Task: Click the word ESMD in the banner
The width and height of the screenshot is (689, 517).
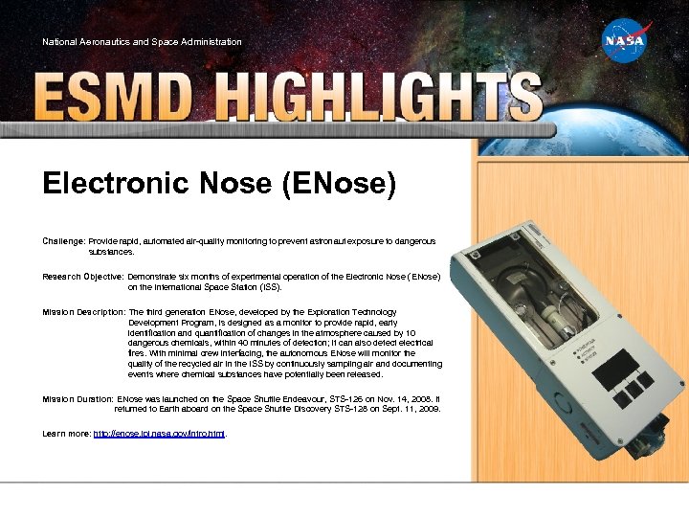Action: point(114,99)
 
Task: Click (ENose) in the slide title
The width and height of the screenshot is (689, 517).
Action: point(339,183)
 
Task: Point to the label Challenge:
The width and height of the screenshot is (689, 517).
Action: point(63,240)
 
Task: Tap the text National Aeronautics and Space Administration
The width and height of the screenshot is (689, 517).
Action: point(142,42)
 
